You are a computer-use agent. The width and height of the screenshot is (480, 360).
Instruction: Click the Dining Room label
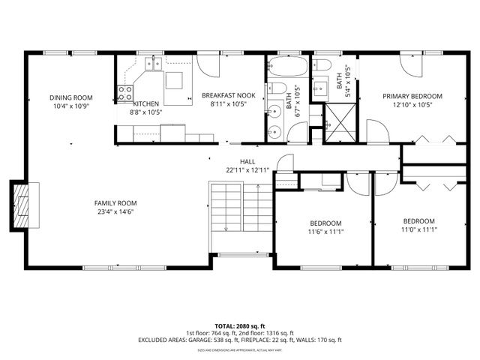[70, 97]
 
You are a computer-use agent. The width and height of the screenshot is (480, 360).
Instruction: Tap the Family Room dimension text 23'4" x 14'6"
[115, 211]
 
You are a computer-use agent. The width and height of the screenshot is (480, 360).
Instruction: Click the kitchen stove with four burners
[124, 94]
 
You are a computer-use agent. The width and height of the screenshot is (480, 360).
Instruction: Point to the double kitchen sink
[154, 64]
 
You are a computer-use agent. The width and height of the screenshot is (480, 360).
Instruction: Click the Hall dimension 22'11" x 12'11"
[247, 170]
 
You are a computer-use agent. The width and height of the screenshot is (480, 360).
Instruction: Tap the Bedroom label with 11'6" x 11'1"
[325, 223]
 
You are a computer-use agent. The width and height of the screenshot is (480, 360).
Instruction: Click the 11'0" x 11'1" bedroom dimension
[419, 229]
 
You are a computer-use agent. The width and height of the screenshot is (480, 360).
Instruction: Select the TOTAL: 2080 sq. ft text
[240, 325]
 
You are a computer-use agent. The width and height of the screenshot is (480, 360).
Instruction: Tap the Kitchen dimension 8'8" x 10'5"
[145, 112]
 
